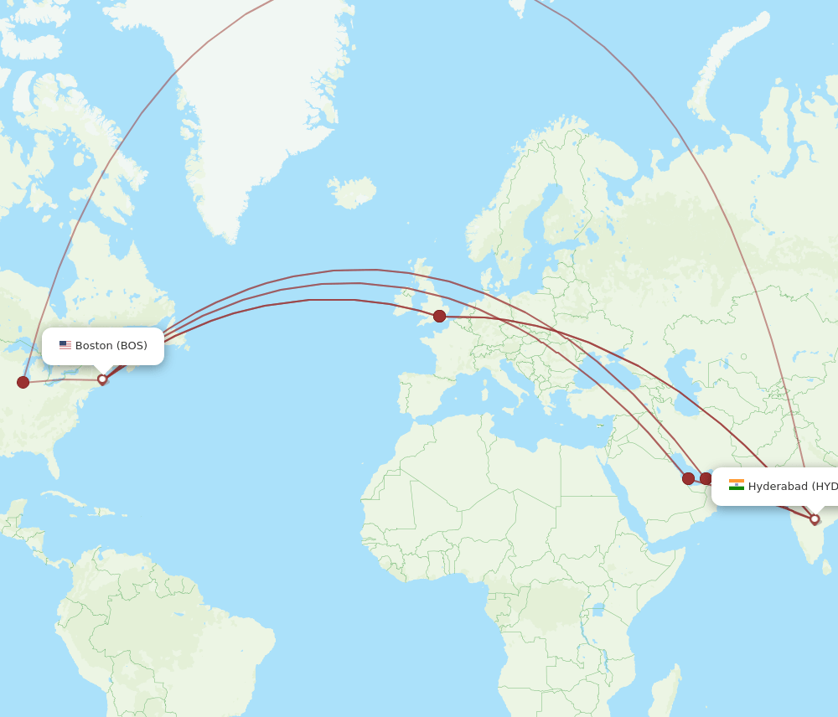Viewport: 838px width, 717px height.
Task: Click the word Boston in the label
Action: pyautogui.click(x=94, y=346)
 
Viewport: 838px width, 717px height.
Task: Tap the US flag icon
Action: pyautogui.click(x=65, y=345)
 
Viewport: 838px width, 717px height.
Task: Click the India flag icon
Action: pyautogui.click(x=736, y=486)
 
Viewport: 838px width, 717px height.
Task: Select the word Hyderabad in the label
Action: pyautogui.click(x=778, y=487)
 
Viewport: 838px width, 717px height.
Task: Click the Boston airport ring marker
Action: pyautogui.click(x=102, y=379)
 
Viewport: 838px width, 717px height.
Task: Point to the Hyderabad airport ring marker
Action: pyautogui.click(x=815, y=519)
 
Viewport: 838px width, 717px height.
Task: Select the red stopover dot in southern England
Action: pyautogui.click(x=439, y=316)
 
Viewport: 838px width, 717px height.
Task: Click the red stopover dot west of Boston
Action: pyautogui.click(x=23, y=382)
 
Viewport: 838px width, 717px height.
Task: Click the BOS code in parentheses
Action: pyautogui.click(x=132, y=346)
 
